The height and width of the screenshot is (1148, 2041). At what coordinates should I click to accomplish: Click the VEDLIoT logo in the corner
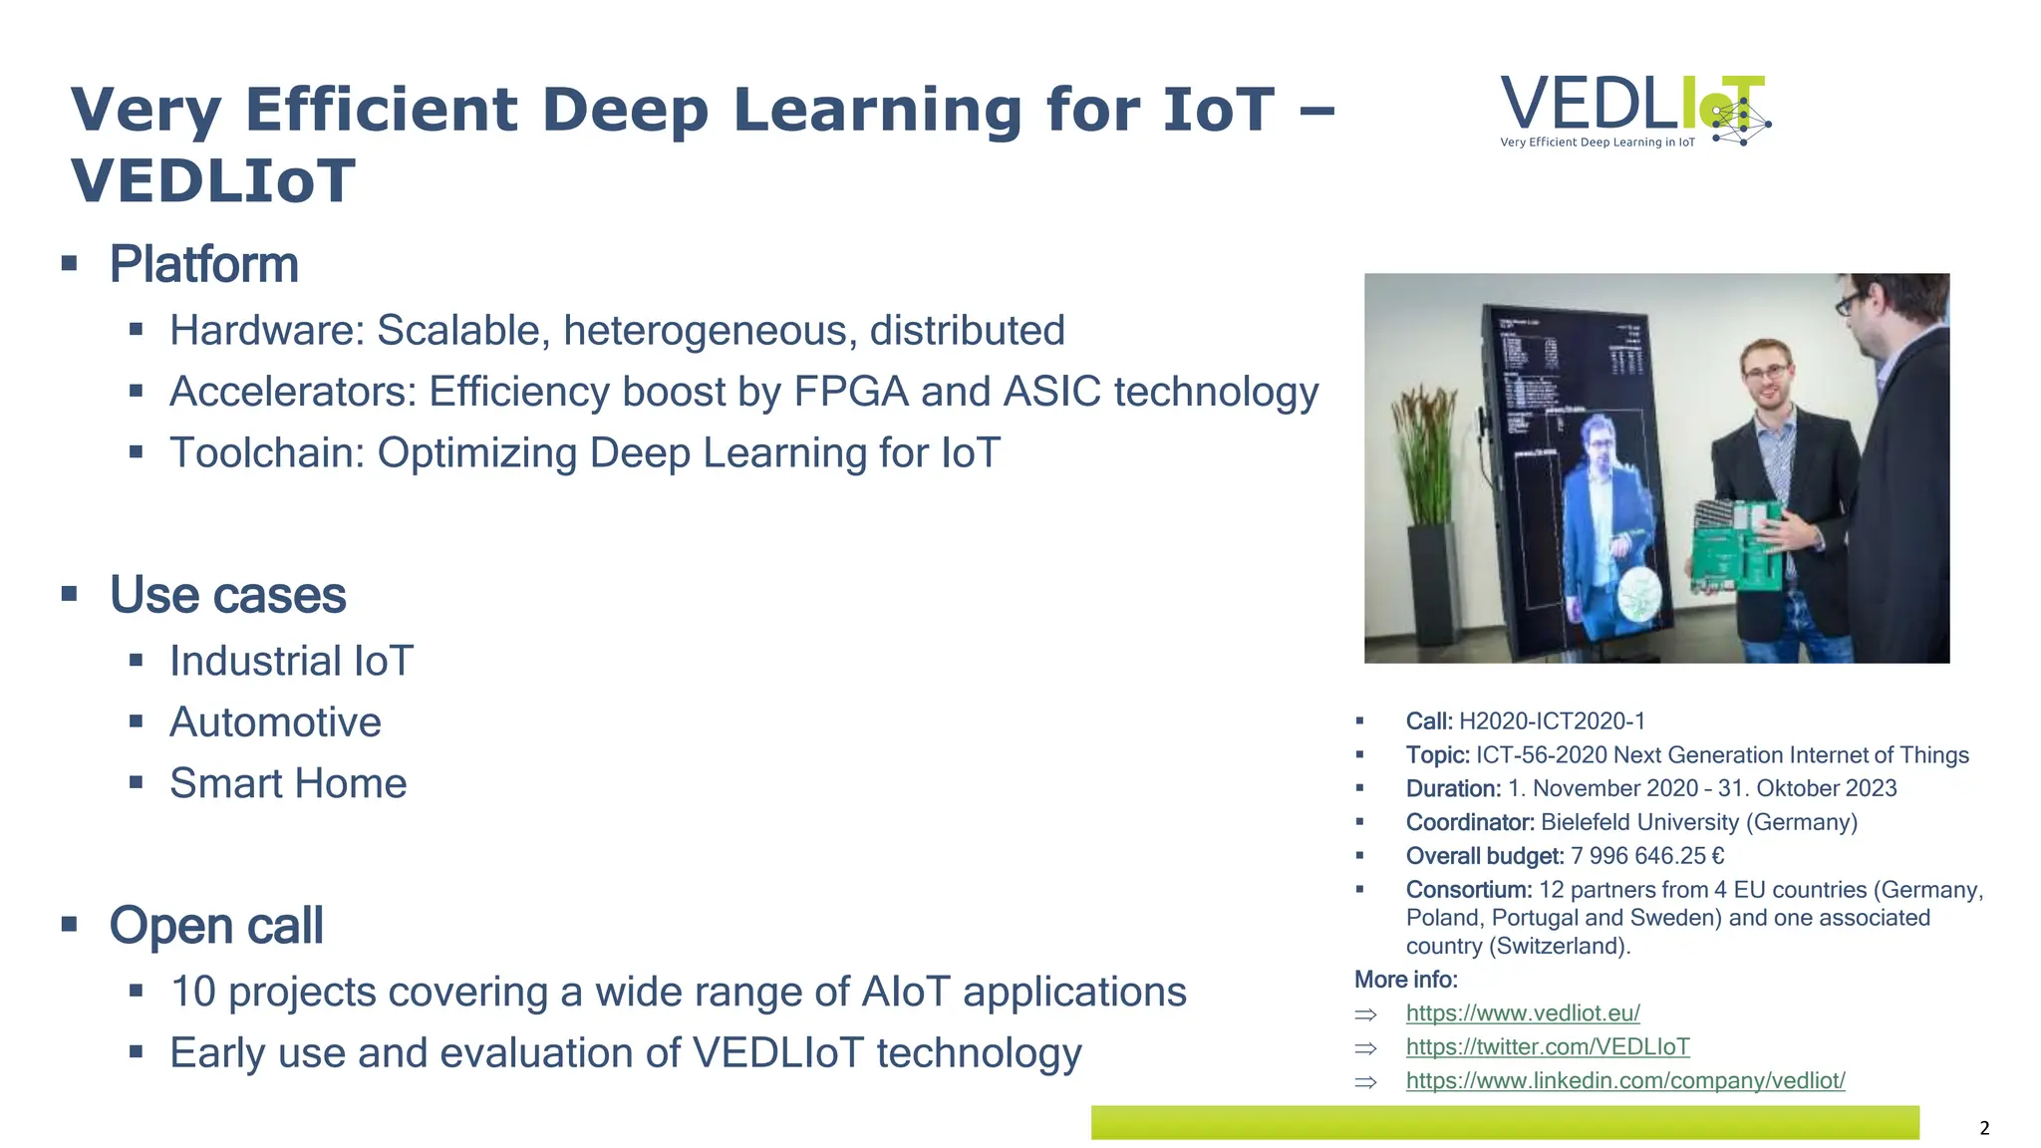click(1634, 110)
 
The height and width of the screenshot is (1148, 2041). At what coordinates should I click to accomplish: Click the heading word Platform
click(203, 264)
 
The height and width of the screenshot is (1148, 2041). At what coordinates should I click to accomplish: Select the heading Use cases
click(227, 595)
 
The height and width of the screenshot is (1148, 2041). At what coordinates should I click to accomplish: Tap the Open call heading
click(216, 926)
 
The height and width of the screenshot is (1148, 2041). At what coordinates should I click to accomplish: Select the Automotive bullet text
click(275, 722)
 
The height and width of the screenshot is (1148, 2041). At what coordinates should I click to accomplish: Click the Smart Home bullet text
click(288, 783)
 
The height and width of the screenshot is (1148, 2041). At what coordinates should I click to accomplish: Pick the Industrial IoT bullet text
click(291, 662)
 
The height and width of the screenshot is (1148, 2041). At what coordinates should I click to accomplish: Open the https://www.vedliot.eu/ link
click(1522, 1013)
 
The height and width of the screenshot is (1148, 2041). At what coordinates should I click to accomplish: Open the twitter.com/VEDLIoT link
click(1547, 1047)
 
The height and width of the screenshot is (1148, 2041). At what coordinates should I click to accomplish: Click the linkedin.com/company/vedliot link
click(1624, 1081)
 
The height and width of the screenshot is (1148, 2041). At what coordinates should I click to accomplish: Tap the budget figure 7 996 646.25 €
click(1646, 856)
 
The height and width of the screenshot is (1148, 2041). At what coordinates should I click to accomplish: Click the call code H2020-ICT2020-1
click(1552, 721)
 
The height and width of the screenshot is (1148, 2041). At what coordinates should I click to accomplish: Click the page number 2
click(1984, 1128)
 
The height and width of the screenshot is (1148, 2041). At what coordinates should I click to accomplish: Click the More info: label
click(1405, 980)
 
